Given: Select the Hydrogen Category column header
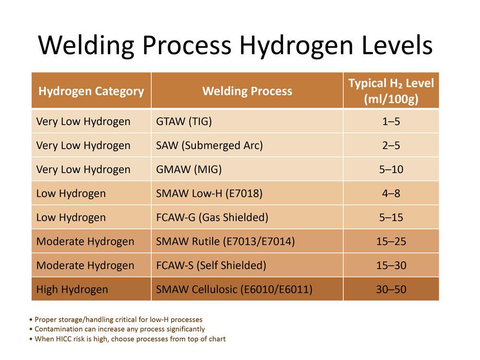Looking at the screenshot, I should [x=91, y=91].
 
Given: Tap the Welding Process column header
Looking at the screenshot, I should [x=247, y=91].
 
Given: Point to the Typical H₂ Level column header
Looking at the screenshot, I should [x=391, y=90].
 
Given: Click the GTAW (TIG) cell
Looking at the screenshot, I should [x=184, y=121].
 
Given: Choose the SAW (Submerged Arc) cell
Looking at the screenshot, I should [x=209, y=145].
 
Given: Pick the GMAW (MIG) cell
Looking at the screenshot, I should [x=189, y=169].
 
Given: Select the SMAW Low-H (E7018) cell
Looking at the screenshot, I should [x=209, y=193].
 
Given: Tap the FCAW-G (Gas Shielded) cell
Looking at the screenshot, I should [x=212, y=217].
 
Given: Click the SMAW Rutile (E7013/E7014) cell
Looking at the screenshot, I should [x=225, y=241].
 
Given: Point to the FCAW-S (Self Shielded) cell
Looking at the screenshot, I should [x=211, y=265].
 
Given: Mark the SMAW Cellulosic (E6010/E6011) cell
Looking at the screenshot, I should [x=234, y=289].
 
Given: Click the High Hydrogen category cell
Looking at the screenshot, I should [x=72, y=289].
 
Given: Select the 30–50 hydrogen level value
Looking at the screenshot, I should [x=391, y=289].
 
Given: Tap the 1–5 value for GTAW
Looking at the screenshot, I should [x=391, y=121].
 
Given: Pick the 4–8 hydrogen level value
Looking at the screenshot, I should [x=391, y=193].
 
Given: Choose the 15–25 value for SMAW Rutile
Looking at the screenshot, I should [x=391, y=241].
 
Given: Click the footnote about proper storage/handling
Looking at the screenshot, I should [x=116, y=319].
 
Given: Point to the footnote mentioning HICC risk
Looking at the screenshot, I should [x=127, y=339].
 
